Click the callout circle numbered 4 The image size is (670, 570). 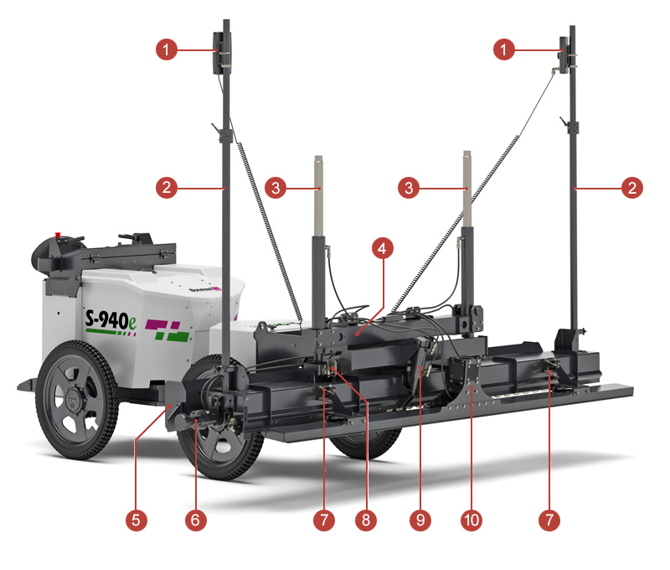tap(383, 248)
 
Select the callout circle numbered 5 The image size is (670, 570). tap(137, 520)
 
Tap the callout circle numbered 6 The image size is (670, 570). tap(196, 520)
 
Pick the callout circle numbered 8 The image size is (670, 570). tap(366, 520)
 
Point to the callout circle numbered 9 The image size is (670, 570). tap(420, 520)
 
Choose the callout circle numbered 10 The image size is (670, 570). tap(472, 520)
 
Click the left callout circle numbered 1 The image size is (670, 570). tap(167, 49)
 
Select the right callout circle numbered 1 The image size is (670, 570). tap(504, 49)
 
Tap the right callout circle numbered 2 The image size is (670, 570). tap(632, 188)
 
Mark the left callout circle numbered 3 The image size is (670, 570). tap(276, 188)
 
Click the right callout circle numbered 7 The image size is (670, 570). tap(549, 520)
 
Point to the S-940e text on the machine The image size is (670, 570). tap(111, 320)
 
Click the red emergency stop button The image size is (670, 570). tap(58, 236)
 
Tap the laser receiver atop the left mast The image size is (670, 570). tap(222, 53)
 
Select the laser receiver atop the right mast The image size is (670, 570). tap(564, 55)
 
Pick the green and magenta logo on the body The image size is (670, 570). tap(167, 329)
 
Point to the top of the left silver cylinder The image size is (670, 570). tap(318, 158)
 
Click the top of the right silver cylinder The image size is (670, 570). tap(467, 153)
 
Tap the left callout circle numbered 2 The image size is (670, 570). tap(167, 188)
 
